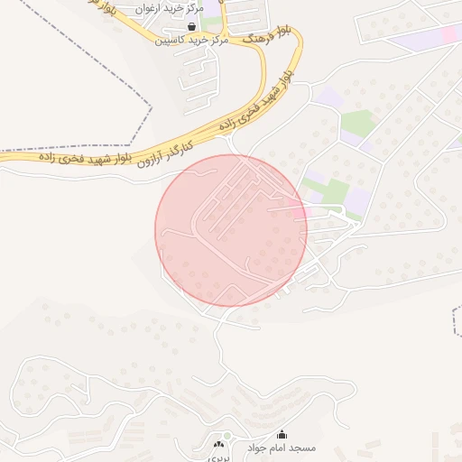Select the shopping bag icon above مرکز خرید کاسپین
click(x=191, y=27)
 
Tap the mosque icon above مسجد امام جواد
click(x=282, y=435)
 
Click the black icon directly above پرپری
click(x=217, y=444)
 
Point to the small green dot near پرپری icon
click(x=227, y=437)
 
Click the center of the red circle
click(x=231, y=230)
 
